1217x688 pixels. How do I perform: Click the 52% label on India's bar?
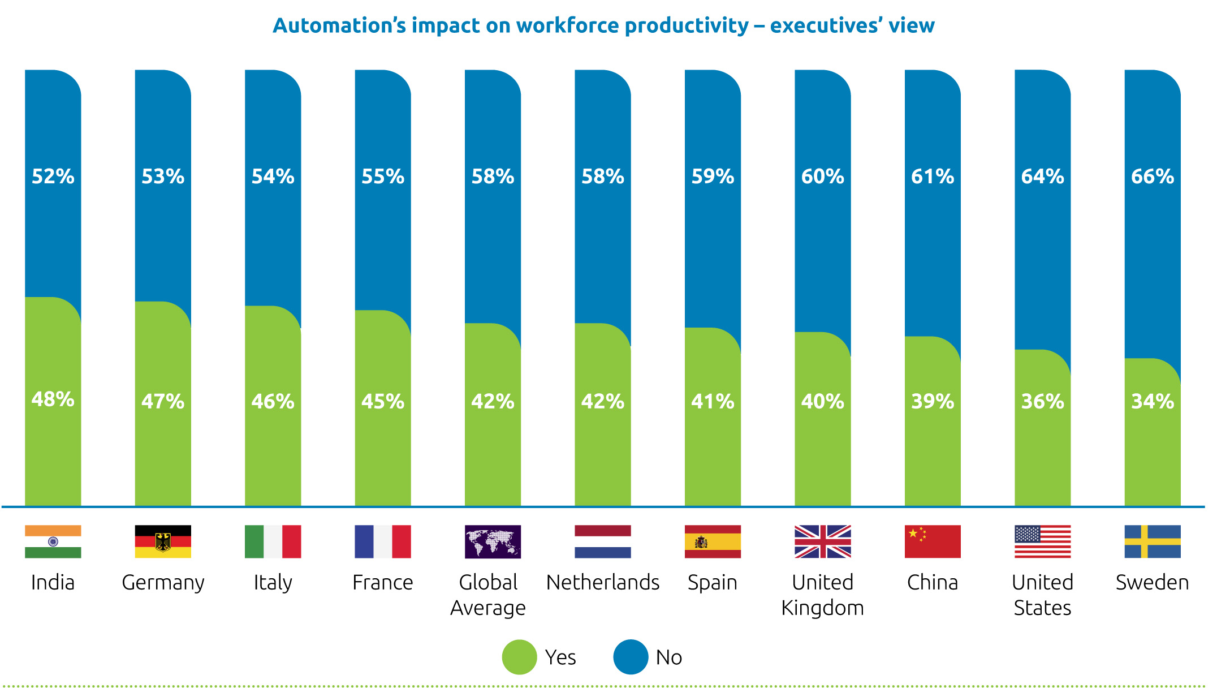pos(53,177)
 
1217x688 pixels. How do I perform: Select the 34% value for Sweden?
pos(1152,401)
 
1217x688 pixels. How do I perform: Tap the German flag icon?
pos(163,541)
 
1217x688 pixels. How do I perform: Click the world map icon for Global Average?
pos(493,541)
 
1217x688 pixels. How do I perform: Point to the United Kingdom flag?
pos(822,541)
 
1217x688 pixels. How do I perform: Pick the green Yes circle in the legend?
pos(519,657)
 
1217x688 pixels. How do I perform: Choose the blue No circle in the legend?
pos(631,657)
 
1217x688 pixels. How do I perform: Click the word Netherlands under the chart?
pos(603,582)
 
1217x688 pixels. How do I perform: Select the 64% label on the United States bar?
pos(1042,177)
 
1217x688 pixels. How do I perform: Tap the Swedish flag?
pos(1152,541)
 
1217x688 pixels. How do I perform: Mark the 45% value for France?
pos(383,401)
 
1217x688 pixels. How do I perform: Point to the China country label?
pos(933,582)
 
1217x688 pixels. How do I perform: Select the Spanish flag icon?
pos(713,541)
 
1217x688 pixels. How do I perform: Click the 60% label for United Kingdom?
pos(822,177)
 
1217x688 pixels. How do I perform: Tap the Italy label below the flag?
pos(273,582)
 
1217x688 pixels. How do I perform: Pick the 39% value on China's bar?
pos(933,401)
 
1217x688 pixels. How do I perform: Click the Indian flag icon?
pos(53,541)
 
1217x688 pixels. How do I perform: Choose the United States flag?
pos(1042,541)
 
